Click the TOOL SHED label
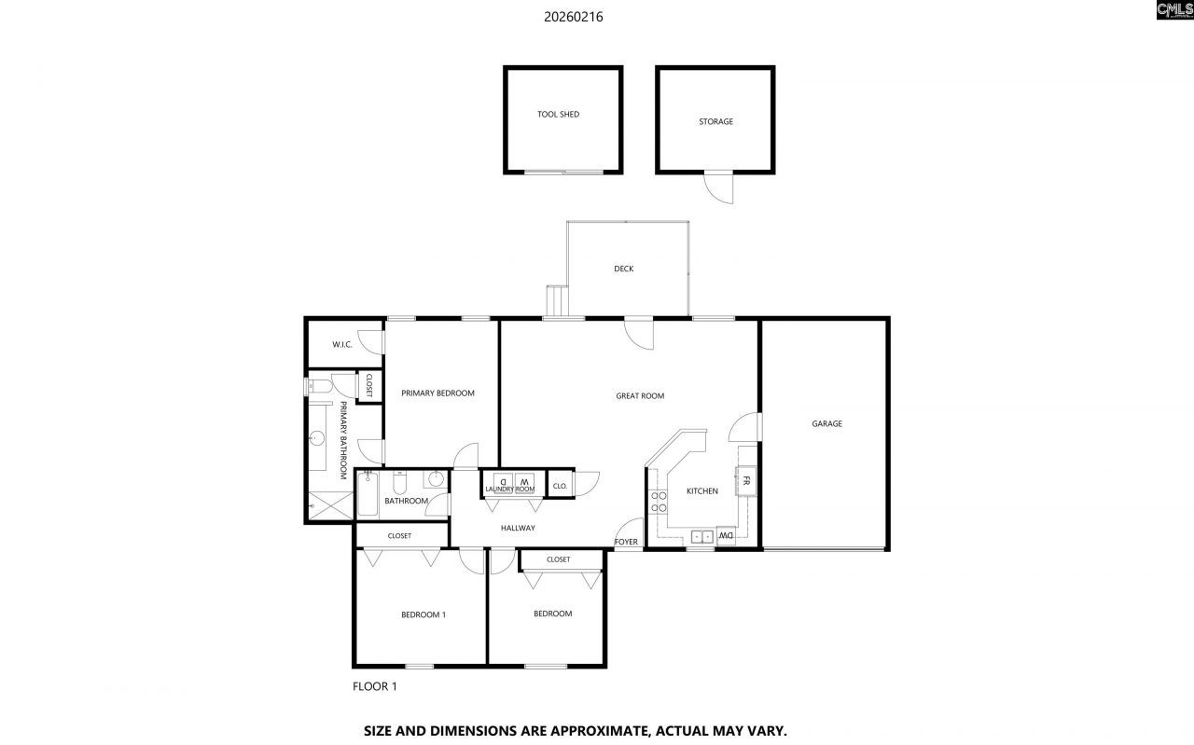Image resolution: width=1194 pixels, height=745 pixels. point(558,115)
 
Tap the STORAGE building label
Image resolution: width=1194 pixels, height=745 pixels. point(715,121)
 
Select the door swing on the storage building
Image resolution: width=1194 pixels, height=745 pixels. point(719,188)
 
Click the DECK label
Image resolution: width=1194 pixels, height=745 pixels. point(623,269)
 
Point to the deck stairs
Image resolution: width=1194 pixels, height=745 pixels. point(557,301)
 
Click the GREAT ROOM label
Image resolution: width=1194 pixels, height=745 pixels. point(640,396)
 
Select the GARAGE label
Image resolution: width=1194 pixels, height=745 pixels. point(826,423)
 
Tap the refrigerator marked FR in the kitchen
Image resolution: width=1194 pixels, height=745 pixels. point(746,481)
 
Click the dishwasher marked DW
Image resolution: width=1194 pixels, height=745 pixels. point(725,536)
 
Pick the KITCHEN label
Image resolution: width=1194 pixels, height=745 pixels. point(702,490)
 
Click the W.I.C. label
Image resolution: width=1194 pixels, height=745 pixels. point(342,345)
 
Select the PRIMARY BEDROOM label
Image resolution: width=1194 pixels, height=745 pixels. point(437,393)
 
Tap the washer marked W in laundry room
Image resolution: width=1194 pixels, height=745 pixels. point(524,480)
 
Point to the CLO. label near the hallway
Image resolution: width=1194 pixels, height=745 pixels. point(560,486)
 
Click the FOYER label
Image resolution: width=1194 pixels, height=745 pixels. point(626,542)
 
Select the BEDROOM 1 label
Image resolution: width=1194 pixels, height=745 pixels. point(423,614)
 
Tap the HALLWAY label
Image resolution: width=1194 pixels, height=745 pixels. point(518,528)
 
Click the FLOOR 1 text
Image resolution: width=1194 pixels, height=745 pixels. point(374,686)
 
